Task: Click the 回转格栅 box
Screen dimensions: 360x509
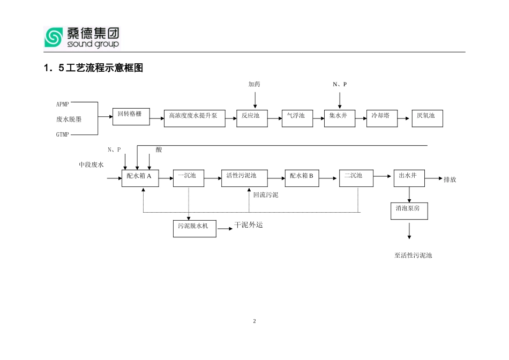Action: tap(130, 117)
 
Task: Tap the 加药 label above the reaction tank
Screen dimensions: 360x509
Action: tap(254, 85)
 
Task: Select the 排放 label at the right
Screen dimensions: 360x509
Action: tap(450, 179)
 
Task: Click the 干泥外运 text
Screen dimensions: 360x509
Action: tap(249, 226)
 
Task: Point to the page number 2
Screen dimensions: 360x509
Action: tap(254, 321)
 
